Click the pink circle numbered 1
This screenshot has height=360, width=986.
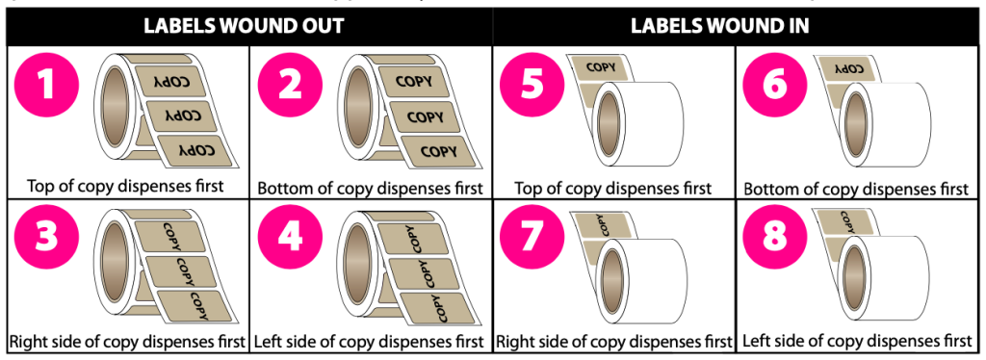pyautogui.click(x=47, y=87)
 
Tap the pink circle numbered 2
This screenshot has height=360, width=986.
pyautogui.click(x=290, y=87)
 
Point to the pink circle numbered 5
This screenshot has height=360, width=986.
pyautogui.click(x=532, y=87)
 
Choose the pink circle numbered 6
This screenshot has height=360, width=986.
pyautogui.click(x=775, y=87)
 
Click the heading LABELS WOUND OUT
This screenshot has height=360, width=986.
pyautogui.click(x=244, y=26)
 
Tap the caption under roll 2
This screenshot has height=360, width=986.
pyautogui.click(x=371, y=188)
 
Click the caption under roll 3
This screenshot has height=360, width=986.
pyautogui.click(x=127, y=342)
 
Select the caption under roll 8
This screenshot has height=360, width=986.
pyautogui.click(x=857, y=342)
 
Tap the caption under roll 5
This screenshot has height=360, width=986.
pyautogui.click(x=613, y=188)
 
